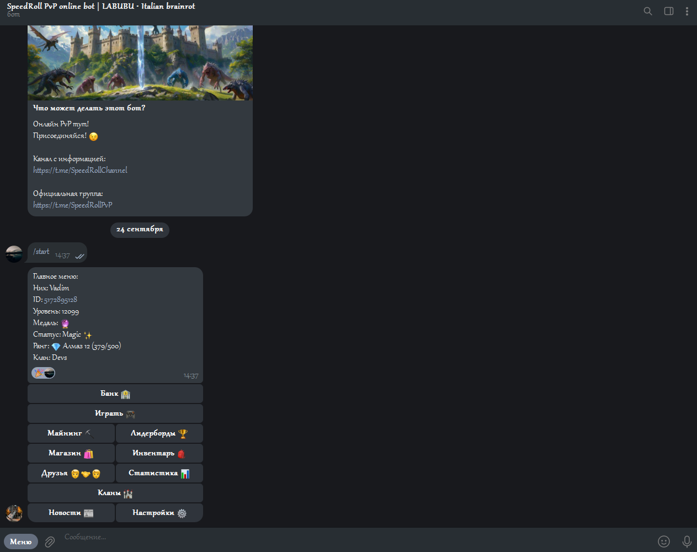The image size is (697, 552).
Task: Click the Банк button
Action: click(x=115, y=394)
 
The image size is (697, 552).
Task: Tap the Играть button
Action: click(x=115, y=413)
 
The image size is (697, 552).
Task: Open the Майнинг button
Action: click(x=71, y=433)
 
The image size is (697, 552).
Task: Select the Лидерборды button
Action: click(x=159, y=433)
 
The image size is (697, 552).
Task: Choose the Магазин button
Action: click(x=71, y=453)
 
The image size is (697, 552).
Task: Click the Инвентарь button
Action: click(x=159, y=453)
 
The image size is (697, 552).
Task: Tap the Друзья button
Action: click(x=71, y=473)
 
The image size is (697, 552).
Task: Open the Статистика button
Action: click(x=159, y=473)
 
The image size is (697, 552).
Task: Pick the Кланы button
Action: click(x=115, y=493)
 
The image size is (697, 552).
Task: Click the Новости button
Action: click(x=71, y=512)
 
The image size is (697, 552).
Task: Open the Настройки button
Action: click(x=159, y=512)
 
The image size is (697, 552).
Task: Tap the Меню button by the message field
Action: click(x=21, y=542)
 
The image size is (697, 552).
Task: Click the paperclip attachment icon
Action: click(x=50, y=542)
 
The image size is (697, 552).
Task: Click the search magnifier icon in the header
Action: click(x=648, y=12)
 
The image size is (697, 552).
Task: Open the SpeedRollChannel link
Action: click(x=80, y=170)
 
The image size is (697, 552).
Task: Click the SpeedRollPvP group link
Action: click(x=72, y=205)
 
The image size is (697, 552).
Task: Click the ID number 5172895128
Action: click(x=61, y=299)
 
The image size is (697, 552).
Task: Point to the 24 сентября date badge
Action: click(x=140, y=230)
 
